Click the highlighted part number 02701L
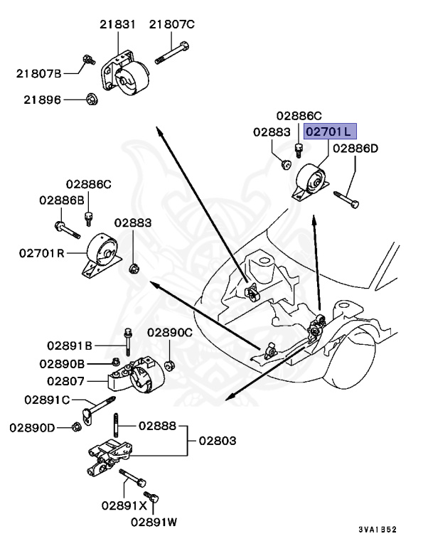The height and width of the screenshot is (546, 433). click(329, 132)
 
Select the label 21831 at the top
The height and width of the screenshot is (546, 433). click(117, 25)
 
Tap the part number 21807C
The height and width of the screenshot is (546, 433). click(171, 25)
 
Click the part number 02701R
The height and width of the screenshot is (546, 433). click(42, 252)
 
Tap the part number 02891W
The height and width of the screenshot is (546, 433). click(154, 522)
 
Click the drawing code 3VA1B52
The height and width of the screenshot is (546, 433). click(377, 530)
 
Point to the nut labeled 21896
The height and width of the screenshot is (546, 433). click(91, 100)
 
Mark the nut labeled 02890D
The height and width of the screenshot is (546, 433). click(76, 427)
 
